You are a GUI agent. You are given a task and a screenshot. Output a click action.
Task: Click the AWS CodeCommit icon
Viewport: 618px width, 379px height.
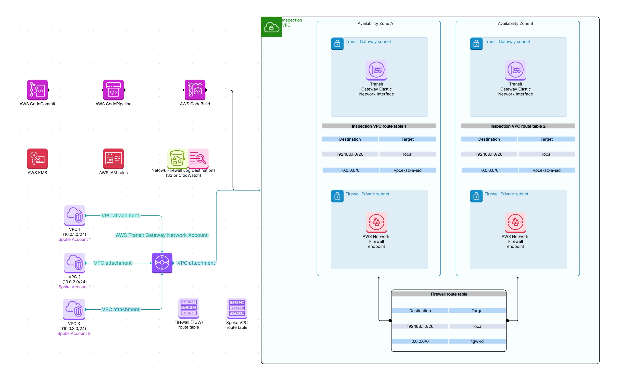point(37,90)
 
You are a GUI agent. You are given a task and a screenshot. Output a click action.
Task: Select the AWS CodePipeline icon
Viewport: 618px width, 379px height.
point(113,90)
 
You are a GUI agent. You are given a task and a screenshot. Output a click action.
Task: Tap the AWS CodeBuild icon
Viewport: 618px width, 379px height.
point(195,90)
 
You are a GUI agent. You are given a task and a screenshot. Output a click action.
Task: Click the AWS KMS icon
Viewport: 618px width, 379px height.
point(37,158)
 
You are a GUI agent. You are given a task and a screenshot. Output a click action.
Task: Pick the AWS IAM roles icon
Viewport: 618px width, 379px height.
point(113,158)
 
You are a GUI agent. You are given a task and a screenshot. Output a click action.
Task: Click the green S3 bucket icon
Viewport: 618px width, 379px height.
point(177,158)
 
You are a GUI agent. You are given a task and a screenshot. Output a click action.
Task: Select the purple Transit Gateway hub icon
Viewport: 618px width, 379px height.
point(162,263)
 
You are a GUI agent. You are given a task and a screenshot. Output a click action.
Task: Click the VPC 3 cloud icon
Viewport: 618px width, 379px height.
point(74,309)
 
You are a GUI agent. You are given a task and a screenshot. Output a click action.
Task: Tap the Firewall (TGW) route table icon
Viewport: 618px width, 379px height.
point(188,308)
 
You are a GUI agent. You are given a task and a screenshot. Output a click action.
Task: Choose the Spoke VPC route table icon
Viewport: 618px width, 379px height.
point(237,308)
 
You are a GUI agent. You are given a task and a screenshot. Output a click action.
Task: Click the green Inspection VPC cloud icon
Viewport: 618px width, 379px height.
point(271,27)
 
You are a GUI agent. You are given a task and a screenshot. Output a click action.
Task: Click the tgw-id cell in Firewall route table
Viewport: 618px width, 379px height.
point(477,341)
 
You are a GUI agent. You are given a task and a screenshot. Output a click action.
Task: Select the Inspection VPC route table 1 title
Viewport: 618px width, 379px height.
point(379,126)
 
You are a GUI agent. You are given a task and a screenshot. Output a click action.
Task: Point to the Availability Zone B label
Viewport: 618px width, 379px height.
point(515,23)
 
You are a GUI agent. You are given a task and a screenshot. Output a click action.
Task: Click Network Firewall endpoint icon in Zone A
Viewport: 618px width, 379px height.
point(376,222)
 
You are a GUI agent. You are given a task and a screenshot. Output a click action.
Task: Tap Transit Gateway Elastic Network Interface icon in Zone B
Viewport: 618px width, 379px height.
point(515,70)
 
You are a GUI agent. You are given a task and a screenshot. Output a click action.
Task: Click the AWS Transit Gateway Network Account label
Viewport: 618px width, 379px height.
point(162,235)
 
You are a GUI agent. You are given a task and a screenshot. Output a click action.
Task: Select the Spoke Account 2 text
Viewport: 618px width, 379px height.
point(74,333)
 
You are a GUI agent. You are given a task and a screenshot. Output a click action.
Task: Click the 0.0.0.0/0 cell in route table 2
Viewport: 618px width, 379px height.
point(489,170)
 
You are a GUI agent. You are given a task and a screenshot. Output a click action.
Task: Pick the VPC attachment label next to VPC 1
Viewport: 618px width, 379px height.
point(120,215)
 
